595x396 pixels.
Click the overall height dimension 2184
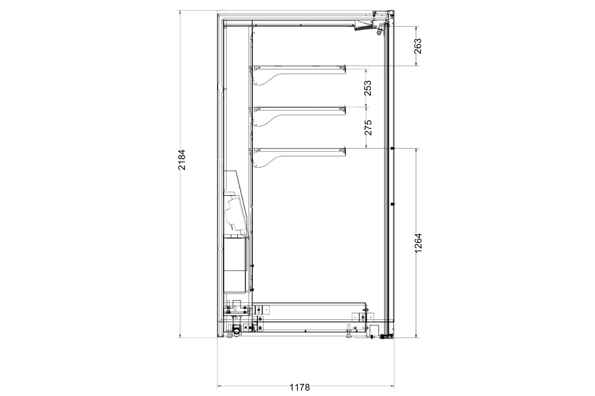[181, 160]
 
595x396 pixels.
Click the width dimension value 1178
[299, 388]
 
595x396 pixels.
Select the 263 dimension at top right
[417, 46]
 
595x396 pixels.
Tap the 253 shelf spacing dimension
[368, 88]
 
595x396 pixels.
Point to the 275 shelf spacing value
[368, 128]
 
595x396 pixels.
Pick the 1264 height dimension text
[418, 243]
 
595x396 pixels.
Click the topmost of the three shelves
[299, 68]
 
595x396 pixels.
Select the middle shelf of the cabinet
[299, 109]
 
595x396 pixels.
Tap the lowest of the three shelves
[299, 150]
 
